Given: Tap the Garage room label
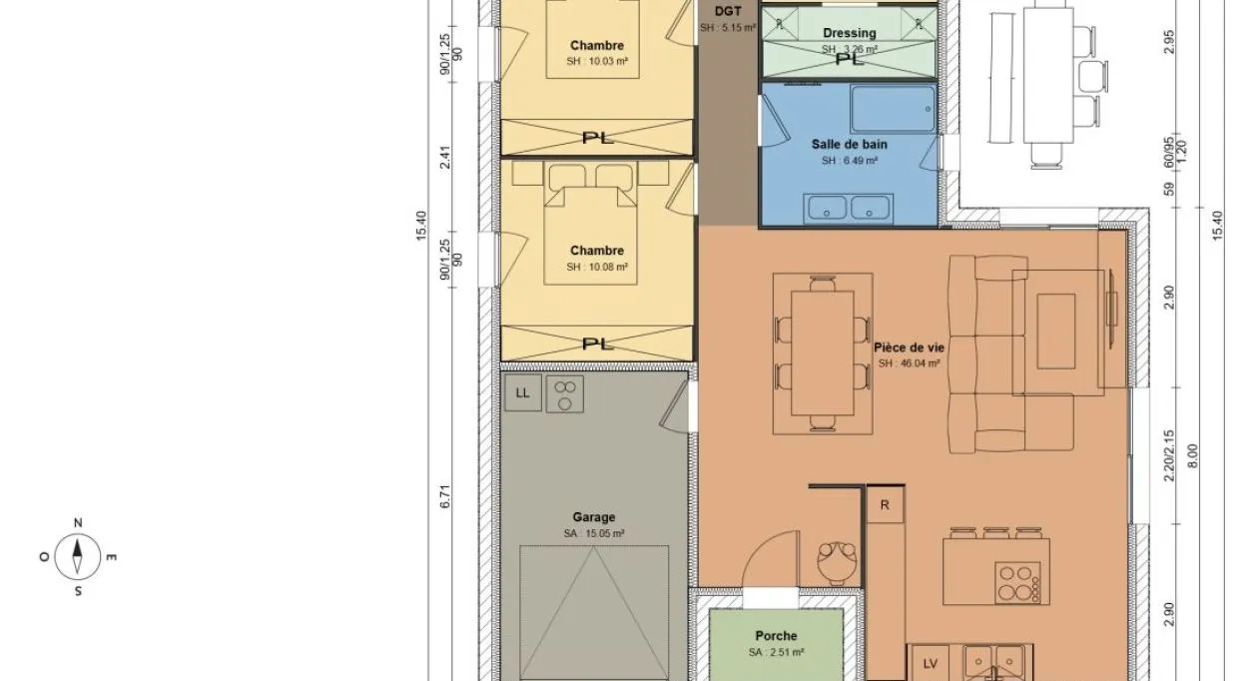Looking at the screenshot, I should (594, 517).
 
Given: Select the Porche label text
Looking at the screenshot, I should (776, 636).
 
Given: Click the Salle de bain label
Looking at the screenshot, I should (849, 145).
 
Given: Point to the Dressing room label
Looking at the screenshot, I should (850, 33).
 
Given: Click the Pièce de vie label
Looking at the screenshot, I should (909, 347).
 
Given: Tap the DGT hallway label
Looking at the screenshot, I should (727, 12).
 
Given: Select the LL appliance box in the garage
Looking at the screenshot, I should (522, 393).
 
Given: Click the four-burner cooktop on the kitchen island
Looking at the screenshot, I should (1019, 583).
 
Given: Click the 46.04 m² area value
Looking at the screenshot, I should (910, 363).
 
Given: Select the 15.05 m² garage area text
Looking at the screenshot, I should (594, 534).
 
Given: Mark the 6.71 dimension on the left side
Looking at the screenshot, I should (445, 497).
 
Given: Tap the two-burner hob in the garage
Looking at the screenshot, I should (566, 393).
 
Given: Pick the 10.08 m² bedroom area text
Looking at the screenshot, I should (597, 267).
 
